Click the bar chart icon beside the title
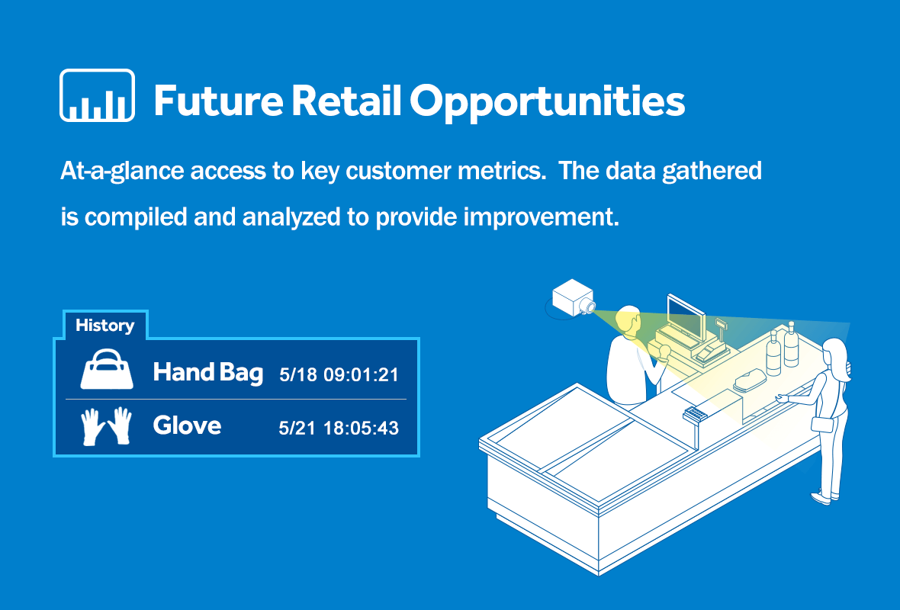(x=97, y=95)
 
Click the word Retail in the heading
(x=346, y=101)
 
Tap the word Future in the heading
(x=218, y=101)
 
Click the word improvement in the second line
(x=542, y=217)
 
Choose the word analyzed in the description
(x=291, y=217)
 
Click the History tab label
(x=105, y=326)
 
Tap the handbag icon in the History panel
(x=107, y=370)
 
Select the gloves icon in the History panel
(x=107, y=425)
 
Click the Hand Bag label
(x=207, y=373)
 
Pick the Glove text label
(x=187, y=425)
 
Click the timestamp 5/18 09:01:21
(x=339, y=374)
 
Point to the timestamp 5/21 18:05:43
(x=339, y=428)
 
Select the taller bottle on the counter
(x=791, y=344)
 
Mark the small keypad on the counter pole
(x=694, y=413)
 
